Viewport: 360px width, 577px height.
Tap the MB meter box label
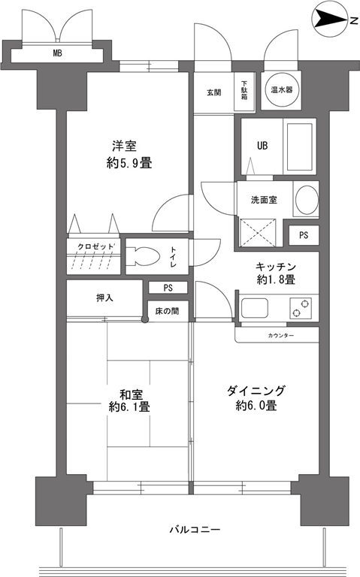(57, 53)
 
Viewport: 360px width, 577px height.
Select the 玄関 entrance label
(214, 92)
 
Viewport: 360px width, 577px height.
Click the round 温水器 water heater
(281, 89)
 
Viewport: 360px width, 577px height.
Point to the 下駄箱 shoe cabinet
(244, 91)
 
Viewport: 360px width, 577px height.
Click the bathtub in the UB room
(299, 147)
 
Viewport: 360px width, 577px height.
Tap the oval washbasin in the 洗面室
(307, 199)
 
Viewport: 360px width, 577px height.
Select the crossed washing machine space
(258, 233)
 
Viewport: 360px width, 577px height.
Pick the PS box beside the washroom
(304, 235)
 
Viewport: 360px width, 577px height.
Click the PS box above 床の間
(168, 288)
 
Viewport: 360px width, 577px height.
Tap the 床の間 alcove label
(167, 311)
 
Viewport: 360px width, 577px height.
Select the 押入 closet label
(104, 298)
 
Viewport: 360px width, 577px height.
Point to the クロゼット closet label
(95, 246)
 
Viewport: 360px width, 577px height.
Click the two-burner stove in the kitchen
(301, 308)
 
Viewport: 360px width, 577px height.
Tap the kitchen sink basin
(254, 308)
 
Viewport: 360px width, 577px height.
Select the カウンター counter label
(281, 335)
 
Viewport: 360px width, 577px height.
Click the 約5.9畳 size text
(129, 162)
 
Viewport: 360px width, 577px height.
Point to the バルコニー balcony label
(195, 530)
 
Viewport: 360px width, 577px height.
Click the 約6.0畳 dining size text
(256, 406)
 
